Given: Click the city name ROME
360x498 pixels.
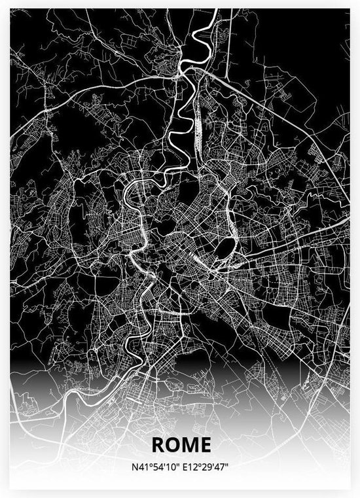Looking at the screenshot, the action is point(181,445).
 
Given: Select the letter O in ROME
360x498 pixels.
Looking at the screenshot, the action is point(173,445).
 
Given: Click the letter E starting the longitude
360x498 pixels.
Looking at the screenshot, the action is point(188,467).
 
